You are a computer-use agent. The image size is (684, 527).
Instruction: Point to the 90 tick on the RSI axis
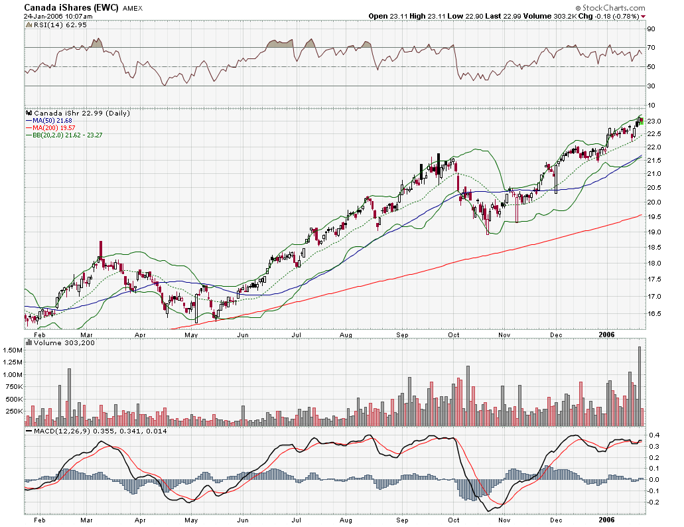click(651, 29)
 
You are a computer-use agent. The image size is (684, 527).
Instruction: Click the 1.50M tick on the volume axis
click(13, 349)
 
